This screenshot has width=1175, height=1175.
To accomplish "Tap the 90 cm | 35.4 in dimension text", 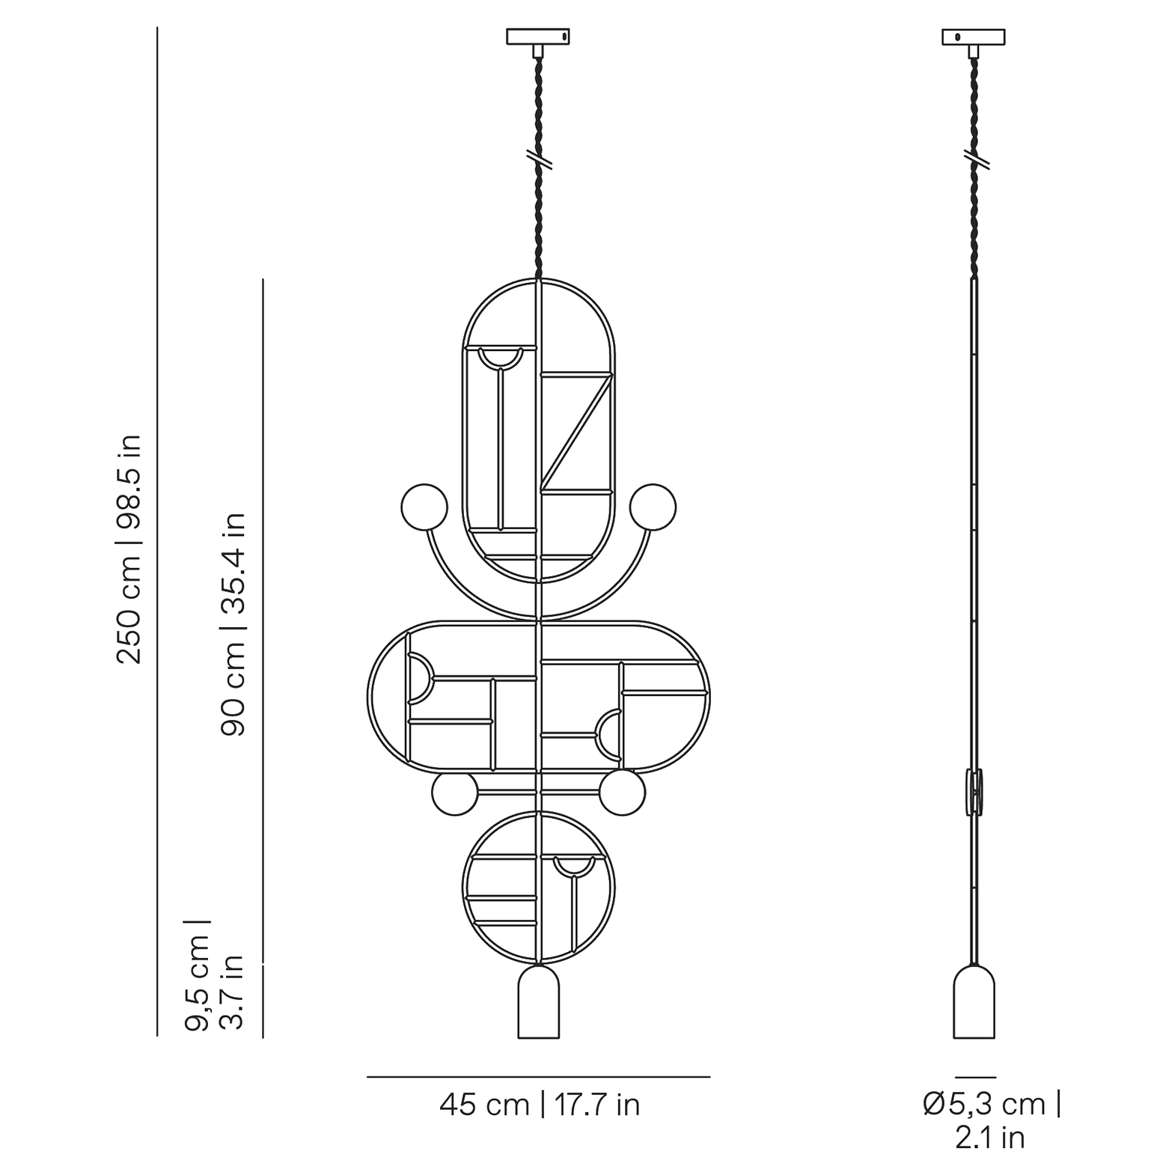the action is (234, 624).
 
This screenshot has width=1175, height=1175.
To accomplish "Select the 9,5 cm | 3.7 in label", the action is (216, 975).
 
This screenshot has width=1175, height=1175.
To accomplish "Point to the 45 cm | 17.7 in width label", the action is (540, 1105).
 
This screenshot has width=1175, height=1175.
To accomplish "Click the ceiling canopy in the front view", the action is (538, 36).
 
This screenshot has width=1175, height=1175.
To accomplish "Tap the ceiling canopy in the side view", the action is (974, 37).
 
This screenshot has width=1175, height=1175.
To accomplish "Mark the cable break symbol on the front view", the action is (539, 159).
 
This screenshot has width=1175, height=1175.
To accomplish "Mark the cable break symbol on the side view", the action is (974, 159).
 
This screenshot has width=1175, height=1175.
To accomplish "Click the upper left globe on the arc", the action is (424, 507).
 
